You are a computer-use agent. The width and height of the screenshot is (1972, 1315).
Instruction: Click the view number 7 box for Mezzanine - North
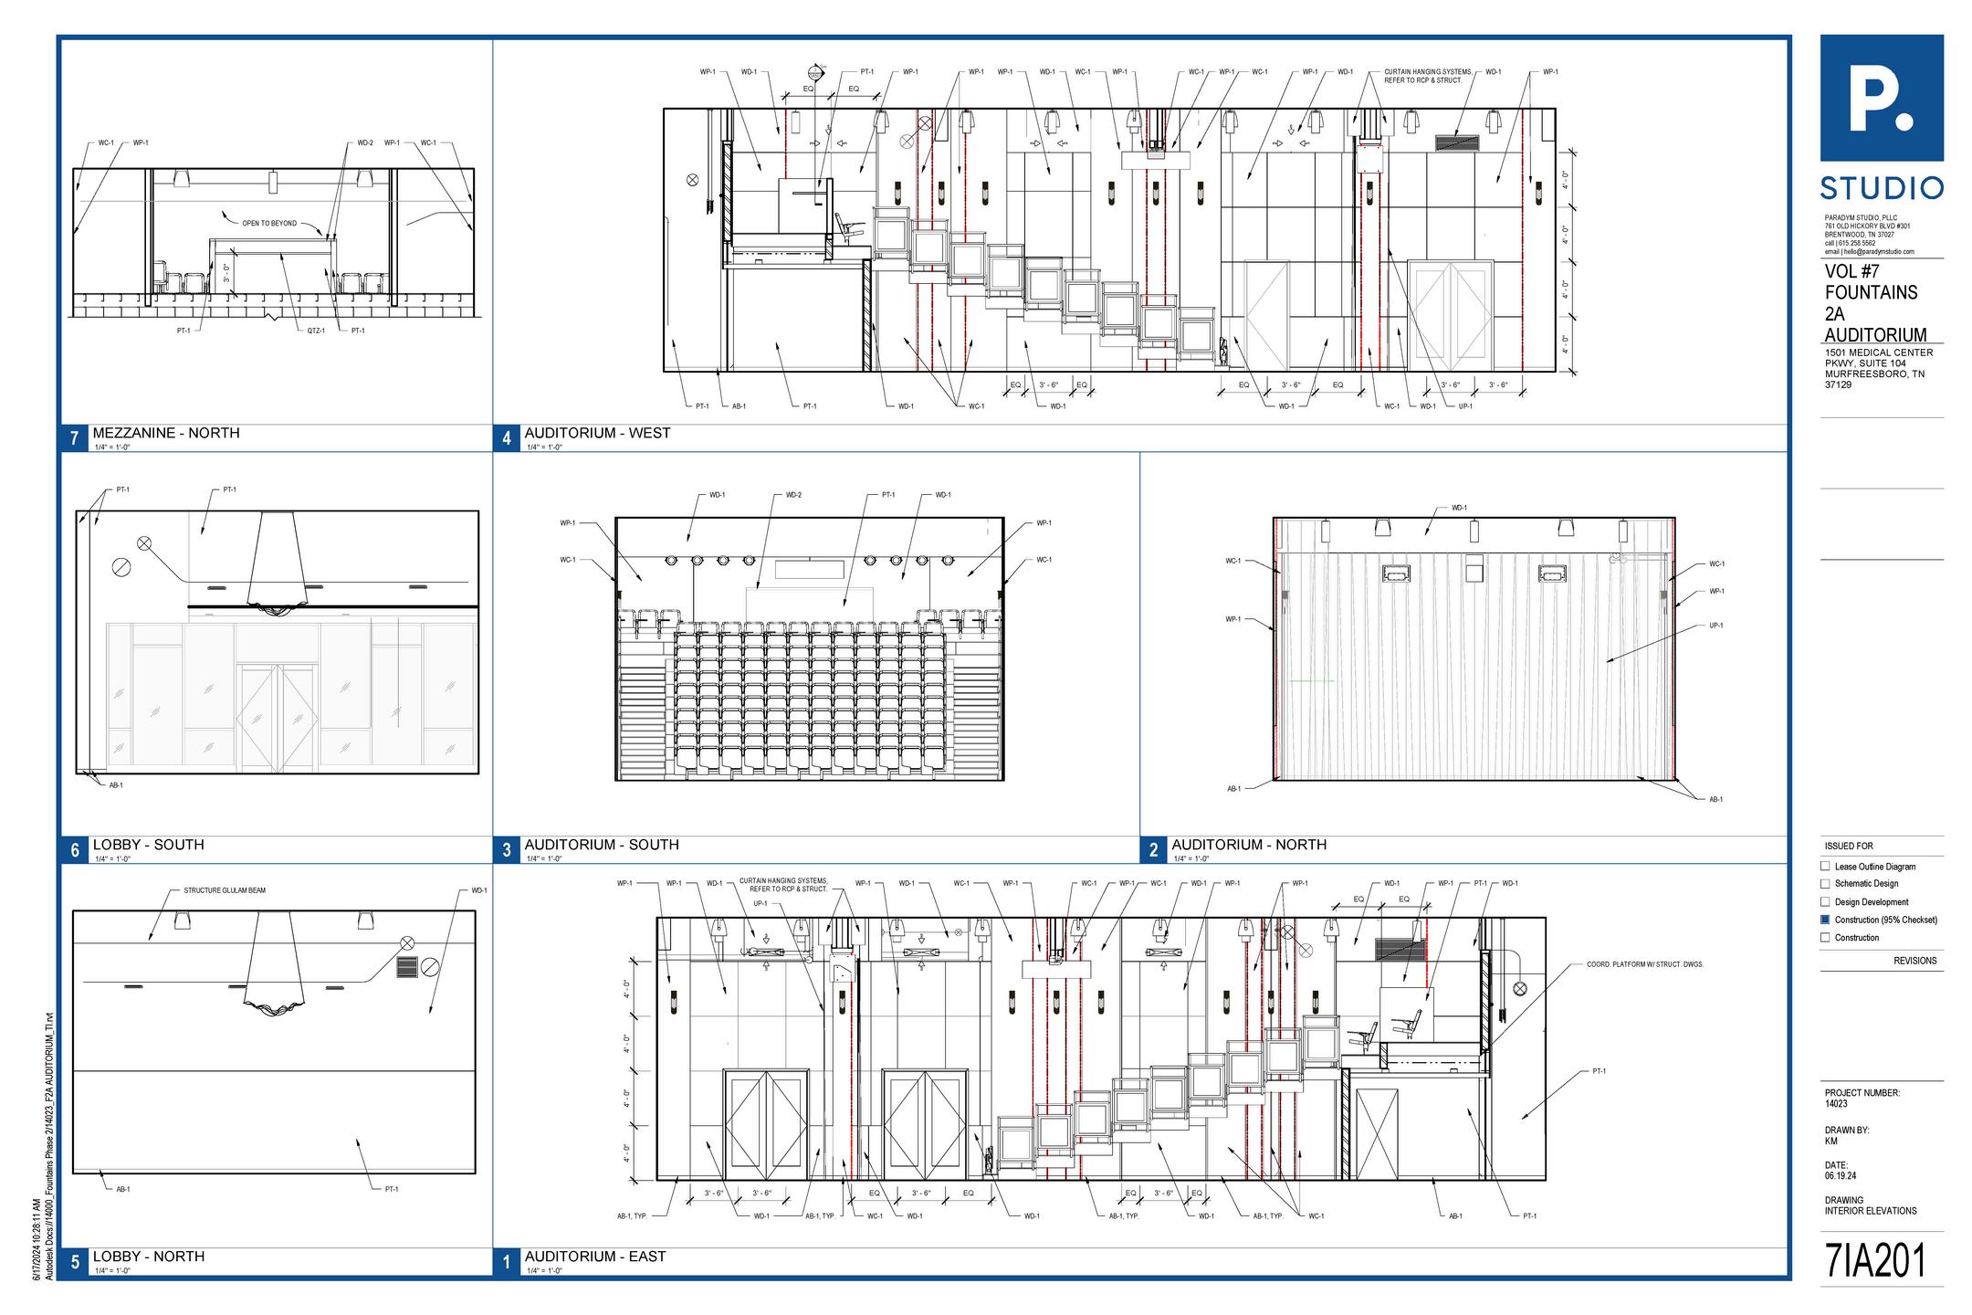[75, 438]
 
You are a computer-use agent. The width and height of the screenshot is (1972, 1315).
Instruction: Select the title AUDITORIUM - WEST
[597, 433]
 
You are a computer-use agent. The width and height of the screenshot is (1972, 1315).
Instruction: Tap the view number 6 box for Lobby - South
[75, 850]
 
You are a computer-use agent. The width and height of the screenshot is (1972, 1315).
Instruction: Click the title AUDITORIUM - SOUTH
[601, 845]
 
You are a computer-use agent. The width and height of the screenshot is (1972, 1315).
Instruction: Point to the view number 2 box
[1153, 850]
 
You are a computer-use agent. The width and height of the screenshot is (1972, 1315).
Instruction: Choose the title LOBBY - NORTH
[148, 1257]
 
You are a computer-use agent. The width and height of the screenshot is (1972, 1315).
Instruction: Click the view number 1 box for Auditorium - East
[507, 1262]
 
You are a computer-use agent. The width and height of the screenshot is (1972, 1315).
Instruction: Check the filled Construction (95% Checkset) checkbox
[1825, 920]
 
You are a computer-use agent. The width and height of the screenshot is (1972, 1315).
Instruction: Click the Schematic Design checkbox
[1825, 884]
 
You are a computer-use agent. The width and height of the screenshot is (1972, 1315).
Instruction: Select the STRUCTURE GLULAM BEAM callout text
[225, 890]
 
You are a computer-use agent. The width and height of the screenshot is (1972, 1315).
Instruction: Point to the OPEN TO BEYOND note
[269, 223]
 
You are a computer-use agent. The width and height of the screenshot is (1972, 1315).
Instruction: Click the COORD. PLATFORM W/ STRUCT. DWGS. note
[1644, 964]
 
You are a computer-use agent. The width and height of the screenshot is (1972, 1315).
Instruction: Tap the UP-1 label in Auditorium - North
[1716, 626]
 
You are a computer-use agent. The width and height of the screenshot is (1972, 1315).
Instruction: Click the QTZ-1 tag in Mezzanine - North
[316, 331]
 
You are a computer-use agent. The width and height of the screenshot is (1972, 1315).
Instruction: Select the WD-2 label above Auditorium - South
[793, 495]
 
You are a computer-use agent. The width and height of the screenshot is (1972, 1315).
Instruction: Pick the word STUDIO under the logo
[1882, 189]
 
